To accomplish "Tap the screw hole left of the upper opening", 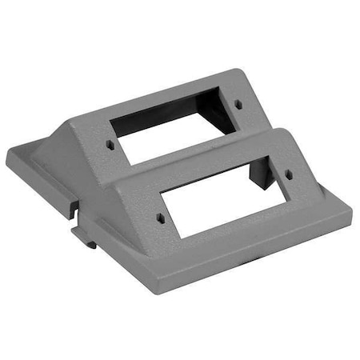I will (x=110, y=146).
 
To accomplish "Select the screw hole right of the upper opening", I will (x=238, y=104).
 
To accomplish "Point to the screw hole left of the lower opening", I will (x=160, y=217).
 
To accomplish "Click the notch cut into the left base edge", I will (x=74, y=210).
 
